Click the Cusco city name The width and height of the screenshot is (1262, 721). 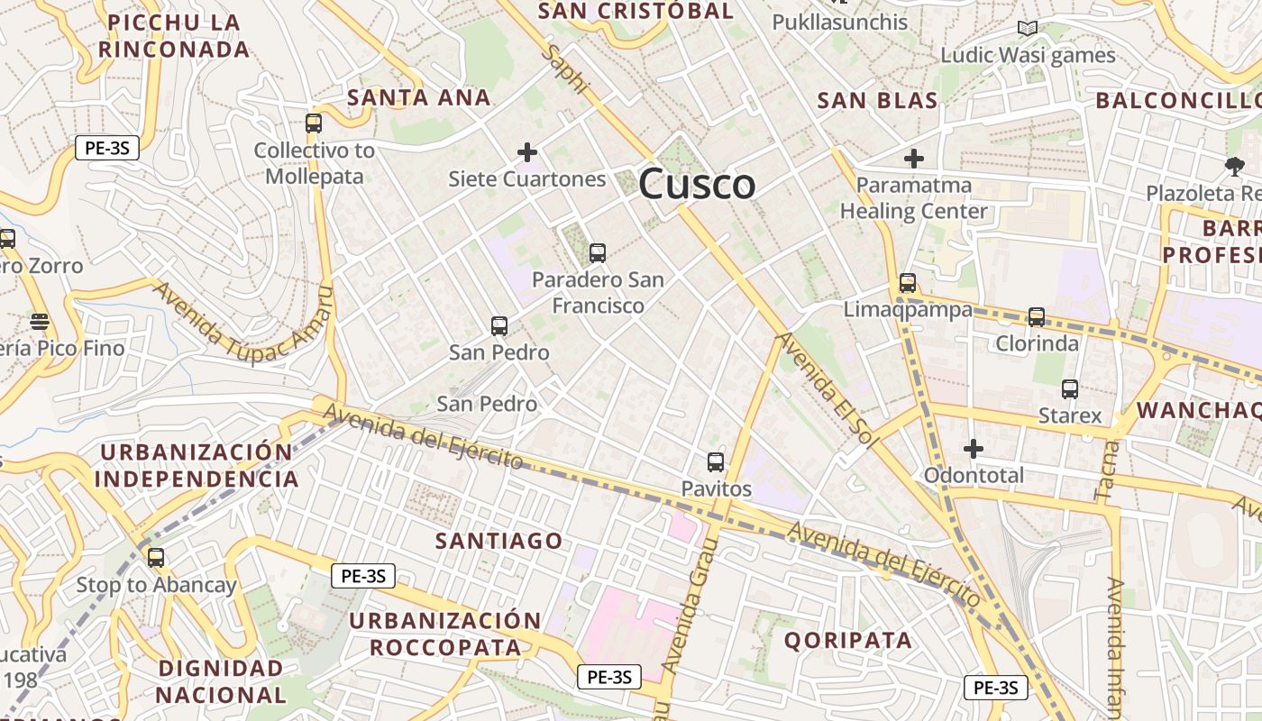pos(697,185)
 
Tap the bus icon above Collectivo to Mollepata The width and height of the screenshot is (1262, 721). pos(314,123)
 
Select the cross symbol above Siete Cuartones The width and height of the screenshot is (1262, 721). pos(527,152)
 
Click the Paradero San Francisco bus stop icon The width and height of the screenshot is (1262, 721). pos(597,253)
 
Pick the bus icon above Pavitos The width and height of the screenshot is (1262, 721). pos(716,462)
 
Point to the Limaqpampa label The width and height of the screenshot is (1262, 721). pos(908,310)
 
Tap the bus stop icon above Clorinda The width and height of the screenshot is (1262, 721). pos(1037,317)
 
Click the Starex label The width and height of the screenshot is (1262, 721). pos(1070,415)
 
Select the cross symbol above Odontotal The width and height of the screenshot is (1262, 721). pos(974,448)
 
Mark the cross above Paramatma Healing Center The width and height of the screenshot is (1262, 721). pos(914,160)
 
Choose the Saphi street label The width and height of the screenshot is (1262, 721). pos(566,70)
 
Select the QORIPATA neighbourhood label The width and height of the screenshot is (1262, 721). pos(848,641)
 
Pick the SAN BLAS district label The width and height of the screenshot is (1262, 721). pos(877,100)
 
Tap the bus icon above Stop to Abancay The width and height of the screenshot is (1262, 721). pos(156,558)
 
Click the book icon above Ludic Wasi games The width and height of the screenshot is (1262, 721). pos(1028,28)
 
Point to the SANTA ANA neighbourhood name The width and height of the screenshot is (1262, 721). pos(419,97)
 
